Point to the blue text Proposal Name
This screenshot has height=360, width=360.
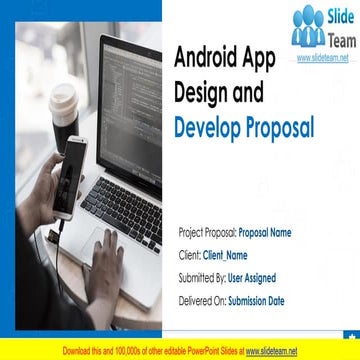tap(265, 232)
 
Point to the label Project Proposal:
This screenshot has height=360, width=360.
tap(206, 232)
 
